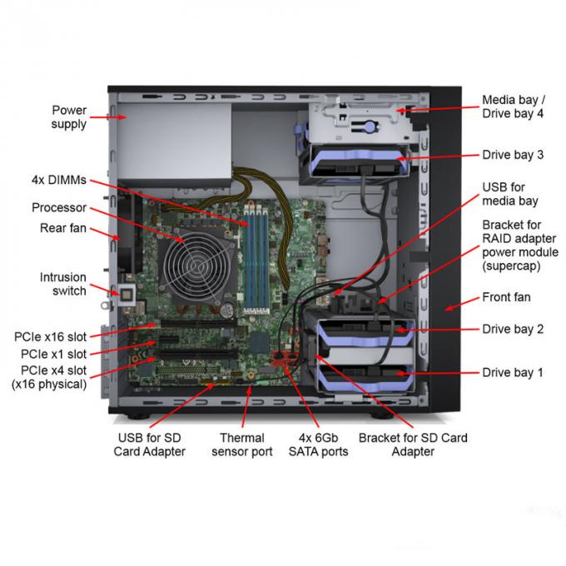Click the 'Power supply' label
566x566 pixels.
click(69, 117)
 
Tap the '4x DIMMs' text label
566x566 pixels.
click(59, 180)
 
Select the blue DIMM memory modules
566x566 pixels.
click(256, 257)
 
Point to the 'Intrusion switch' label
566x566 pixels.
click(63, 284)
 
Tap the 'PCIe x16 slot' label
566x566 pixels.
click(51, 337)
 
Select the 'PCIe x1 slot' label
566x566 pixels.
click(54, 354)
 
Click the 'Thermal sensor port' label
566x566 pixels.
click(242, 444)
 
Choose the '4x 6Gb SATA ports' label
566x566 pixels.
click(318, 444)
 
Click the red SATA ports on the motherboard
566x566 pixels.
click(285, 358)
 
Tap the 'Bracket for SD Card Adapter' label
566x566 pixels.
click(413, 444)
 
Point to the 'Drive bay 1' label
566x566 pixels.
click(513, 373)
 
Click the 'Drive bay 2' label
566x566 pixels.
click(513, 330)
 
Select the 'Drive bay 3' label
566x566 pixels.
click(513, 155)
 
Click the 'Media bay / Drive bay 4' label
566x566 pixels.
click(514, 107)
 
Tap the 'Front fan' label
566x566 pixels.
click(506, 297)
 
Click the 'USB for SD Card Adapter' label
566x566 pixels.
click(150, 444)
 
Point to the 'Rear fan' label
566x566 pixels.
click(63, 228)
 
